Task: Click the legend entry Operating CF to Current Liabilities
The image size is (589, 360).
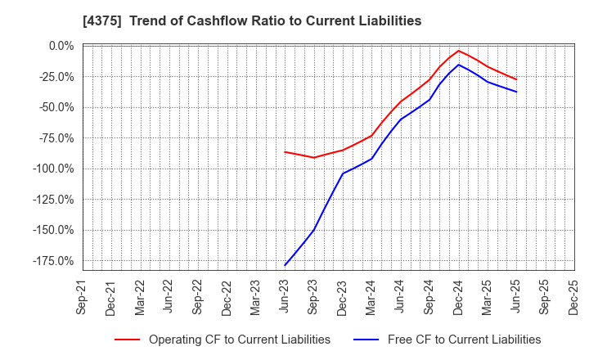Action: [x=239, y=340]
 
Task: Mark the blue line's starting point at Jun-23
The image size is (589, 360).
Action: [x=285, y=265]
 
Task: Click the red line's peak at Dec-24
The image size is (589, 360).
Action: [x=458, y=51]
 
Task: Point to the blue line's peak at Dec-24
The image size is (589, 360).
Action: [x=458, y=65]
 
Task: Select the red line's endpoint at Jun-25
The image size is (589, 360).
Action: [x=516, y=79]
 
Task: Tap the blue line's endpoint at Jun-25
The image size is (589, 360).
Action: [x=516, y=92]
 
